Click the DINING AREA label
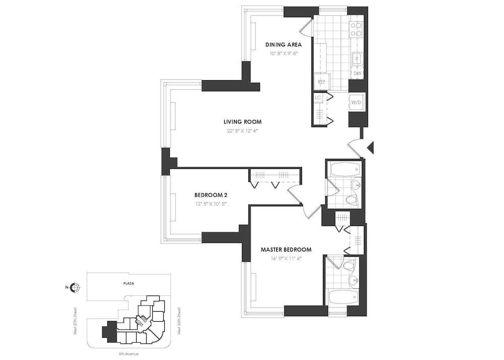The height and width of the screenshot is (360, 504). (283, 44)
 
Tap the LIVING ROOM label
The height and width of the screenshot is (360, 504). (242, 122)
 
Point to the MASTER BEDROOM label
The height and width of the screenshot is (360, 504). (286, 250)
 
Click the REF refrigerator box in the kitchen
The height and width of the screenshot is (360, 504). (322, 82)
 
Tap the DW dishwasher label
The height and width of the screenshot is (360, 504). (357, 74)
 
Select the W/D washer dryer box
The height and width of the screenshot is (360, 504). (356, 103)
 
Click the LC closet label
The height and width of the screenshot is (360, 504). (318, 97)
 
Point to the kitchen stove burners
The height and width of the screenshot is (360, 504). (356, 29)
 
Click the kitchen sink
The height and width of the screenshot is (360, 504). (357, 58)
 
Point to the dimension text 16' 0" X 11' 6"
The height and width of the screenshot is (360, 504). (286, 259)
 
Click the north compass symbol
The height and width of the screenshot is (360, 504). (75, 288)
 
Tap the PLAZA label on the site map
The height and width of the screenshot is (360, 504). (129, 283)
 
